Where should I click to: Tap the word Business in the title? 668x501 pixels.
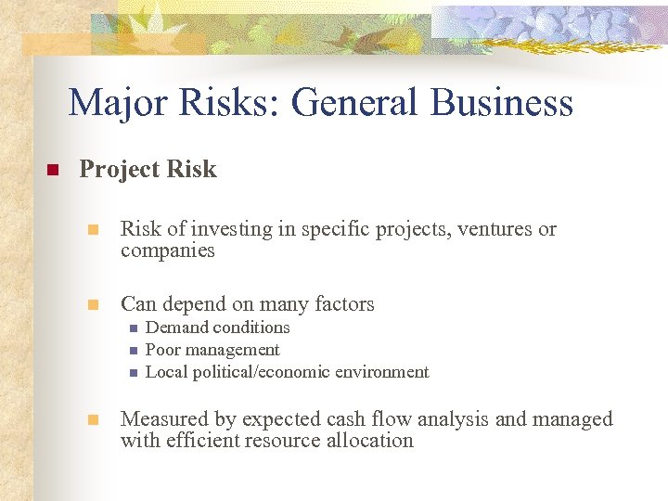501,103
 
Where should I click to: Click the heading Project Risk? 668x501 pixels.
148,169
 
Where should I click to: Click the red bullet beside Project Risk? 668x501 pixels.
52,171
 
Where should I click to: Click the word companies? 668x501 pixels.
167,250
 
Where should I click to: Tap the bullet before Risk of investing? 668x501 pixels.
92,230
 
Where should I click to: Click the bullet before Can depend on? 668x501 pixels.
92,305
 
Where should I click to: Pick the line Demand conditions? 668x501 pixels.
218,328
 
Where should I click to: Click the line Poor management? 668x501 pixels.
212,350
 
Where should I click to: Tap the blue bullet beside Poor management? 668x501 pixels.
133,351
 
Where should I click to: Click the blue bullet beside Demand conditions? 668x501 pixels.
133,328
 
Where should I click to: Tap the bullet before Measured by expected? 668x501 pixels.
92,420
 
